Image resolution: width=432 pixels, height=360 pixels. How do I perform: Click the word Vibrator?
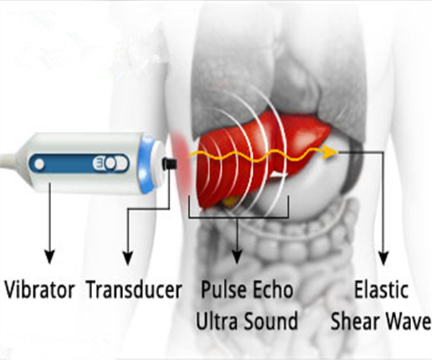click(40, 291)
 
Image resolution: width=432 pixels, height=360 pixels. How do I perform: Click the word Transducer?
click(133, 291)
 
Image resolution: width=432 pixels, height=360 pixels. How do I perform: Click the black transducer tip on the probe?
click(171, 165)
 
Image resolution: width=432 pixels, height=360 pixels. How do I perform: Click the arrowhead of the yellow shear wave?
click(330, 151)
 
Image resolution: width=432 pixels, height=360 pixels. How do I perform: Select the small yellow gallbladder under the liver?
click(229, 202)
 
